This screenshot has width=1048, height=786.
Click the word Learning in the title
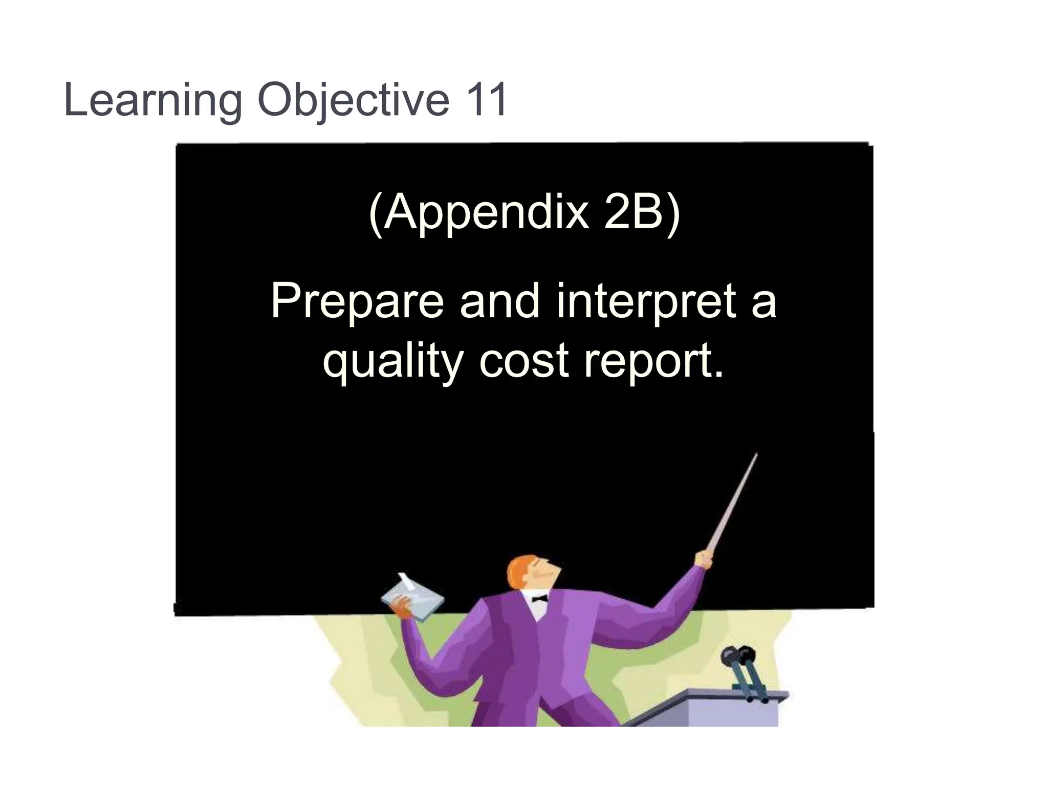point(152,101)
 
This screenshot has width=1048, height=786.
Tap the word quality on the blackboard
point(392,361)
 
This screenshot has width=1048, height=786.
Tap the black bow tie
point(539,598)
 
